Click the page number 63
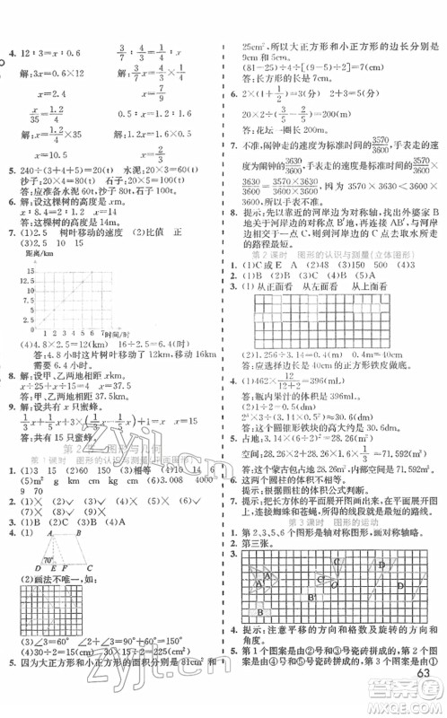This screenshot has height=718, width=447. [x=426, y=700]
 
